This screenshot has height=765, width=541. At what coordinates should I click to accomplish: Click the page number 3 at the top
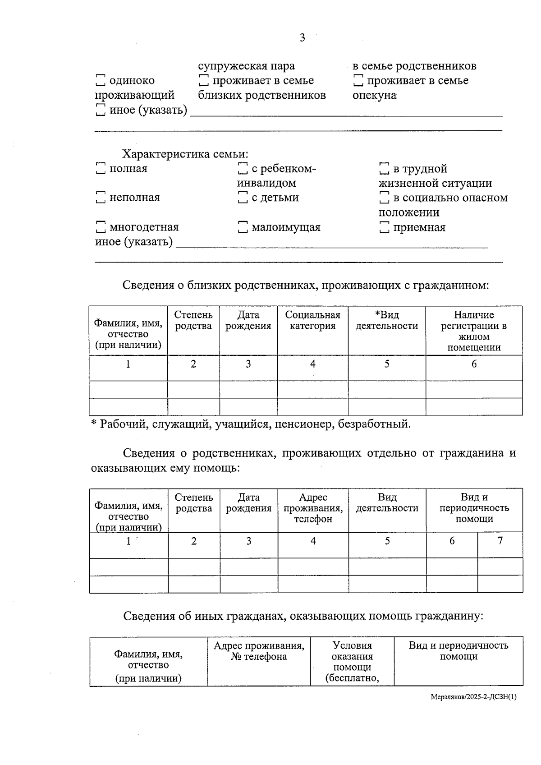(x=302, y=38)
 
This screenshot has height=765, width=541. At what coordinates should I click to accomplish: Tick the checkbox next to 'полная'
(x=101, y=169)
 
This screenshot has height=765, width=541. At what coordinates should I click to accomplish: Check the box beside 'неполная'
(x=101, y=198)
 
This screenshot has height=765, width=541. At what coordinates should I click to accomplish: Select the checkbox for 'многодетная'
(x=101, y=227)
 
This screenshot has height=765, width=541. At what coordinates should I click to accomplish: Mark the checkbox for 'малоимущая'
(x=243, y=227)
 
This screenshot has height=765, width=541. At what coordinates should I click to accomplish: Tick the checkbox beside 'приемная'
(x=384, y=227)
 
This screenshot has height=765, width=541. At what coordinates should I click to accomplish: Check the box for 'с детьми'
(x=243, y=198)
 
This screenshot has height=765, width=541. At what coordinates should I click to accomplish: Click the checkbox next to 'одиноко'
(x=101, y=81)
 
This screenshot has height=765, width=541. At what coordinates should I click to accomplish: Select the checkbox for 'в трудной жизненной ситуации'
(x=384, y=169)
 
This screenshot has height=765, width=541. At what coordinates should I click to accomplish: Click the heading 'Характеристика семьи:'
(x=185, y=154)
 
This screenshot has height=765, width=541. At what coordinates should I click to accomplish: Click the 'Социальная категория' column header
(x=312, y=320)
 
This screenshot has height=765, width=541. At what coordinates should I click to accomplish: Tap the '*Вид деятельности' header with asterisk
(x=387, y=320)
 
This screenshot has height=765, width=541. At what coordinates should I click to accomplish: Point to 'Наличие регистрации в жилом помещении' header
(x=474, y=331)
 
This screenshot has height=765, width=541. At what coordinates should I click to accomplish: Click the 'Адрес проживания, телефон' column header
(x=313, y=508)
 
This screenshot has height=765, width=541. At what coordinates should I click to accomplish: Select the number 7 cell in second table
(x=500, y=540)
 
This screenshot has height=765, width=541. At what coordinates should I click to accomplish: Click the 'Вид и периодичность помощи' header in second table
(x=474, y=508)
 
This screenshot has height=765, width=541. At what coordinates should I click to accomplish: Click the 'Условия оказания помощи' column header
(x=352, y=661)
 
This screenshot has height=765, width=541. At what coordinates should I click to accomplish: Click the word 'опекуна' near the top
(x=374, y=96)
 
